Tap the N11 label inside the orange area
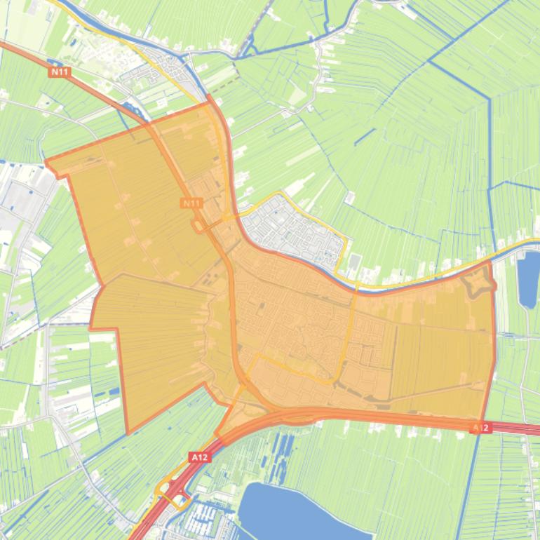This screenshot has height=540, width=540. [190, 203]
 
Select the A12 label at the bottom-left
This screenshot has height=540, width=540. [199, 457]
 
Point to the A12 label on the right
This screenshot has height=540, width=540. [480, 427]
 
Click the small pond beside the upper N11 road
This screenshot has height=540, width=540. [130, 108]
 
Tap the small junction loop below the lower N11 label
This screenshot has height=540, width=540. [199, 226]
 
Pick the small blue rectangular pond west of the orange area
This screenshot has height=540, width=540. [112, 391]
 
